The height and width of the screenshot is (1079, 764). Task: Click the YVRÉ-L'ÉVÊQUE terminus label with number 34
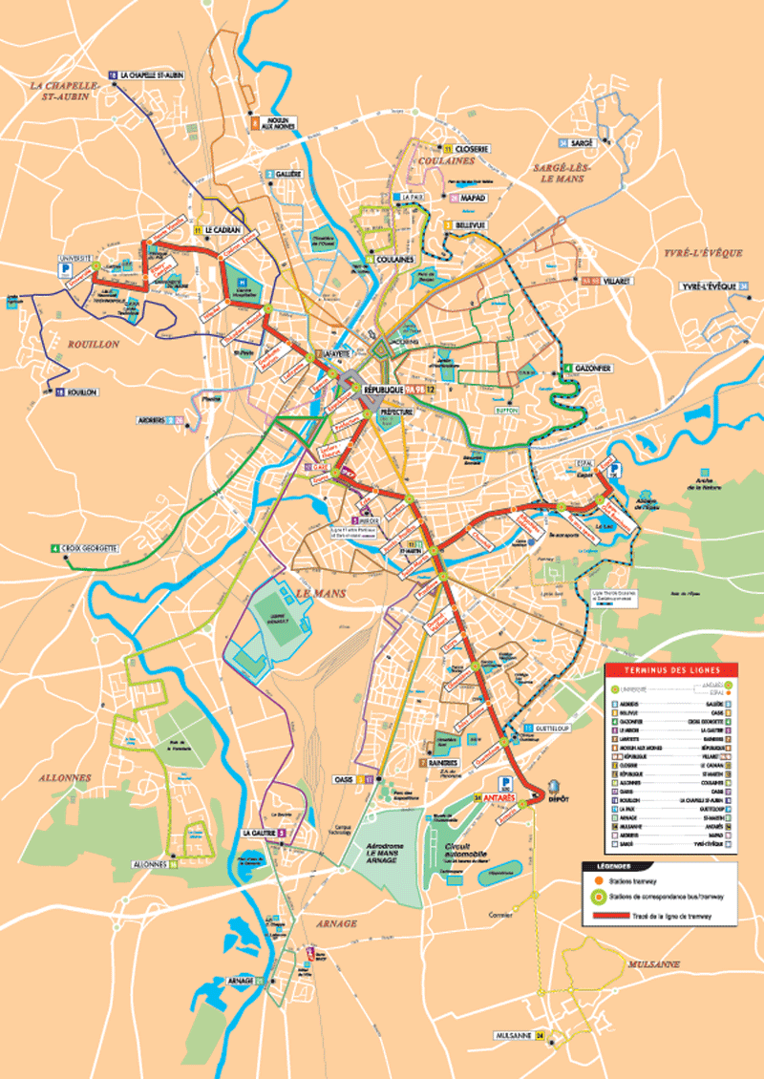tap(711, 286)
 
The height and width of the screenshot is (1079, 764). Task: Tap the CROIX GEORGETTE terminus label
tap(90, 549)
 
